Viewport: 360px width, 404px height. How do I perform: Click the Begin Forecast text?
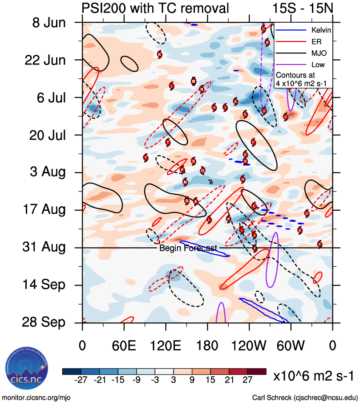188,248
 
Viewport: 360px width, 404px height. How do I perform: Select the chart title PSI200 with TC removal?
155,8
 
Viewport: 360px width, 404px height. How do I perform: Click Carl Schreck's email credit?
305,397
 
